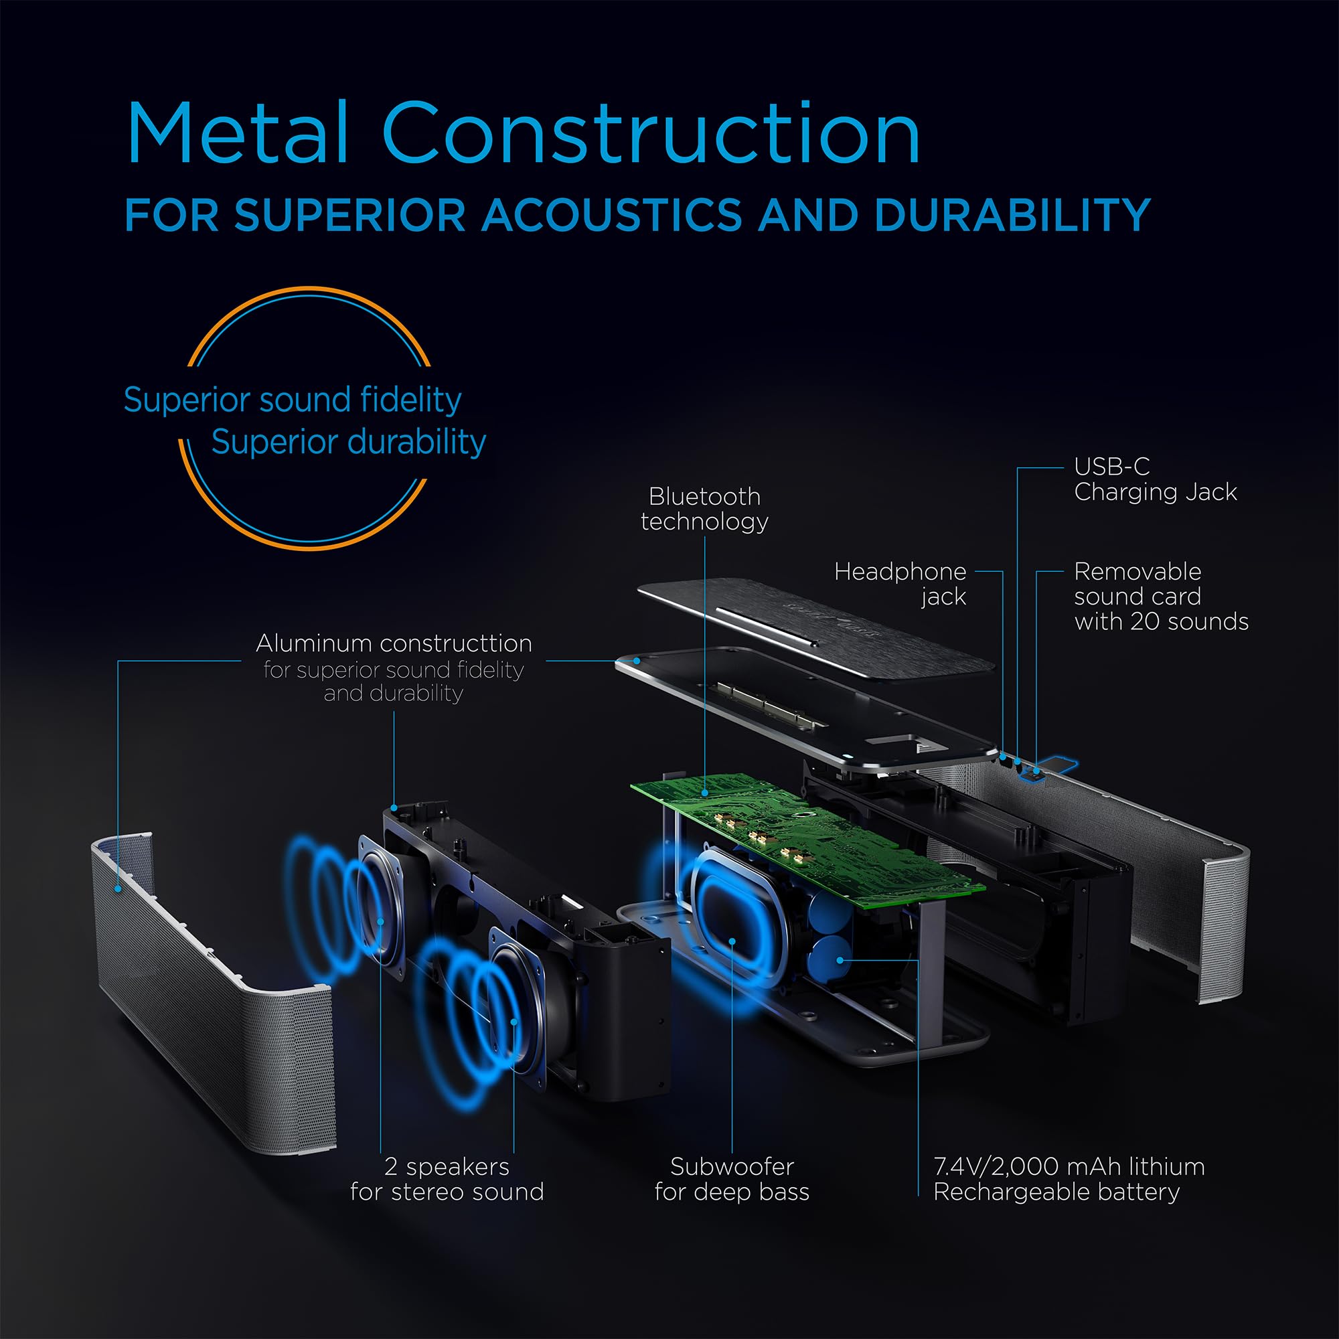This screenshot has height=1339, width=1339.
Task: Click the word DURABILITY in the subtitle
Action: pyautogui.click(x=1012, y=215)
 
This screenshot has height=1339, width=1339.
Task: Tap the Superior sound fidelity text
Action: pyautogui.click(x=293, y=400)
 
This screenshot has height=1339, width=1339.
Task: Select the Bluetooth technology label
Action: pyautogui.click(x=704, y=509)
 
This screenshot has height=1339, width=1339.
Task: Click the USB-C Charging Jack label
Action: pyautogui.click(x=1156, y=479)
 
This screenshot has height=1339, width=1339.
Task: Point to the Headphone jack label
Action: pyautogui.click(x=900, y=584)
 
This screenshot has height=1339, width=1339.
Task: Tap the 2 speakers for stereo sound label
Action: pyautogui.click(x=447, y=1179)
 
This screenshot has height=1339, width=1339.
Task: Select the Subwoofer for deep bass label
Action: pyautogui.click(x=732, y=1179)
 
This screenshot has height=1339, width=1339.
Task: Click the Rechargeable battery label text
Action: pyautogui.click(x=1056, y=1192)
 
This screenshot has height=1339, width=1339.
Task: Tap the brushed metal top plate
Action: pyautogui.click(x=816, y=627)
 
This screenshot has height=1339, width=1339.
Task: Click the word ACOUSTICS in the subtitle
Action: pyautogui.click(x=612, y=215)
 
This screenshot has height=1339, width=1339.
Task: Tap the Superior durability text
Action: pyautogui.click(x=349, y=442)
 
